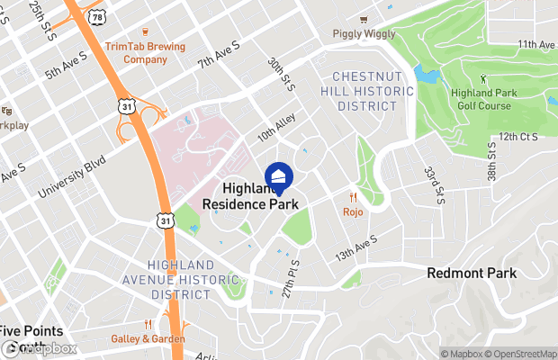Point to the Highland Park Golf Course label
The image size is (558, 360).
point(482,100)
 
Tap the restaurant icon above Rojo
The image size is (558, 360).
point(354,198)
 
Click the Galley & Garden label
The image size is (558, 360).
point(148,338)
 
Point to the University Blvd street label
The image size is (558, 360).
point(72,176)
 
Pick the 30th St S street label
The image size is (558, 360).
point(281,76)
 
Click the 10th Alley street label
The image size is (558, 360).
point(276,130)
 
